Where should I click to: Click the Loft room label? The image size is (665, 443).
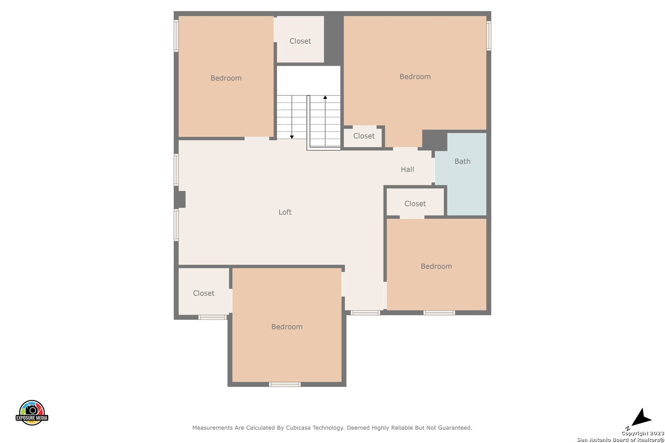pyautogui.click(x=285, y=212)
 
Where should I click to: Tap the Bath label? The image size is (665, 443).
pyautogui.click(x=462, y=162)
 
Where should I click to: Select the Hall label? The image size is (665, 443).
pyautogui.click(x=407, y=169)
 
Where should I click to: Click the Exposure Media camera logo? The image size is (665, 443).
pyautogui.click(x=32, y=412)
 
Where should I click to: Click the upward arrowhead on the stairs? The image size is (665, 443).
pyautogui.click(x=325, y=97)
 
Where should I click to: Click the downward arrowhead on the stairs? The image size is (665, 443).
pyautogui.click(x=292, y=137)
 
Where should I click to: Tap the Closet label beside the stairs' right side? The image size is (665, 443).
pyautogui.click(x=364, y=136)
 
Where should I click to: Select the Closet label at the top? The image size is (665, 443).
pyautogui.click(x=300, y=41)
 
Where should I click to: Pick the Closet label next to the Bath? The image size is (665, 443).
pyautogui.click(x=415, y=204)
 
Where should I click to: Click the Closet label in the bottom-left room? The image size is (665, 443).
pyautogui.click(x=204, y=293)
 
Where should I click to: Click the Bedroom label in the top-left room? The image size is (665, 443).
pyautogui.click(x=226, y=78)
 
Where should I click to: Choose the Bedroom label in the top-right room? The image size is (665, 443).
pyautogui.click(x=415, y=77)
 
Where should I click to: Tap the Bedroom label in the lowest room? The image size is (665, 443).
pyautogui.click(x=287, y=327)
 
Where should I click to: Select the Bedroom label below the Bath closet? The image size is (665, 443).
pyautogui.click(x=436, y=266)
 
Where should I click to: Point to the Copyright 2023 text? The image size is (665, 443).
pyautogui.click(x=643, y=434)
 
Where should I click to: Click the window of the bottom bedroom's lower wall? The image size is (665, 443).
pyautogui.click(x=285, y=384)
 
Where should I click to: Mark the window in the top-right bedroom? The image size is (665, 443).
pyautogui.click(x=488, y=36)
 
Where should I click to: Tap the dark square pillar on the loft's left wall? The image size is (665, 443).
pyautogui.click(x=180, y=199)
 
